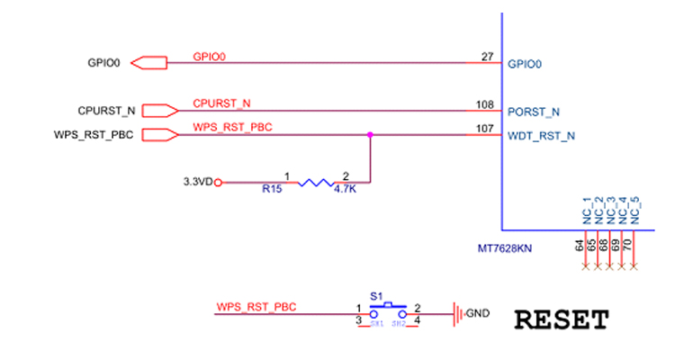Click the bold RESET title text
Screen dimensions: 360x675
click(562, 319)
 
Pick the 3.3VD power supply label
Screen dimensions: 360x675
click(198, 182)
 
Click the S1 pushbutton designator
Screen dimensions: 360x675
click(377, 295)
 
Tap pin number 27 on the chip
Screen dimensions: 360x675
click(488, 57)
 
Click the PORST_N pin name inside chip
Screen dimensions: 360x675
click(535, 112)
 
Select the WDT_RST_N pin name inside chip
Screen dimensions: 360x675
click(541, 137)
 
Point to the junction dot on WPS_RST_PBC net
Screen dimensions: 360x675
click(370, 135)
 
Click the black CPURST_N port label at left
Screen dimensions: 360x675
click(106, 111)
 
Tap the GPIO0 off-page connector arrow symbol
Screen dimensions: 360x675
click(149, 63)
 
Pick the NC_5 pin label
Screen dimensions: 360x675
click(635, 210)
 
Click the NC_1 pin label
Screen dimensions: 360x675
click(587, 210)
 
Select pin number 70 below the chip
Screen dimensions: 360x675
click(628, 245)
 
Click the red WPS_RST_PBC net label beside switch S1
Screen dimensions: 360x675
click(256, 308)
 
